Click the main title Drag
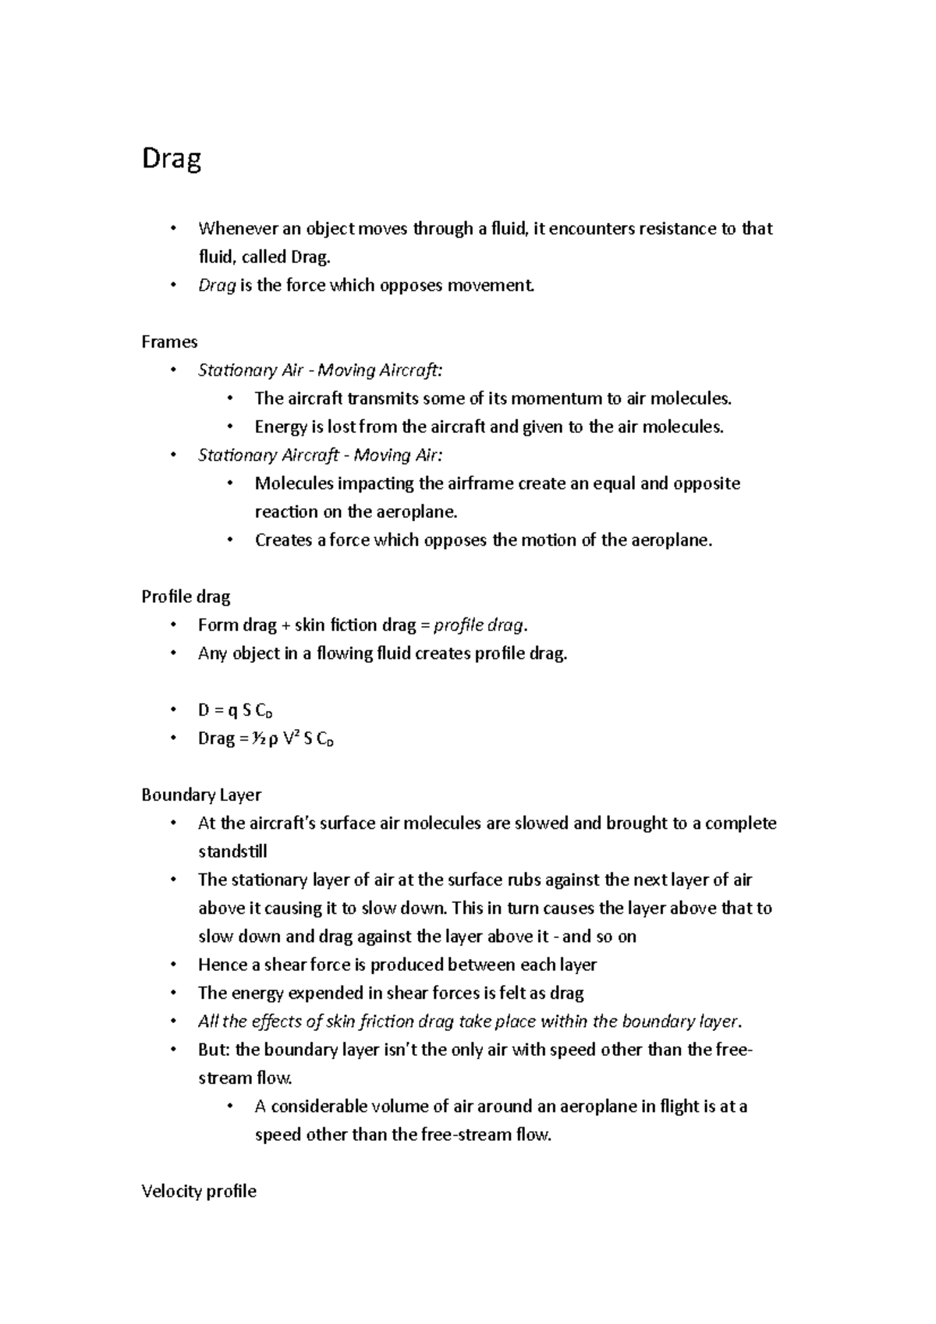[172, 160]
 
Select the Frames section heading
[169, 342]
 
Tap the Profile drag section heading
[186, 597]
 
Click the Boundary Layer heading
[201, 795]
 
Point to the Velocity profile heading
[199, 1191]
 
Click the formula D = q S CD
[235, 710]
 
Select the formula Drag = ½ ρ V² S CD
[266, 738]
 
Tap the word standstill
[232, 851]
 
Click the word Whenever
[234, 228]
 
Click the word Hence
[222, 965]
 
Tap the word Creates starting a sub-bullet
[283, 540]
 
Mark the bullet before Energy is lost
[229, 427]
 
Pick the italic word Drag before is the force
[217, 285]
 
